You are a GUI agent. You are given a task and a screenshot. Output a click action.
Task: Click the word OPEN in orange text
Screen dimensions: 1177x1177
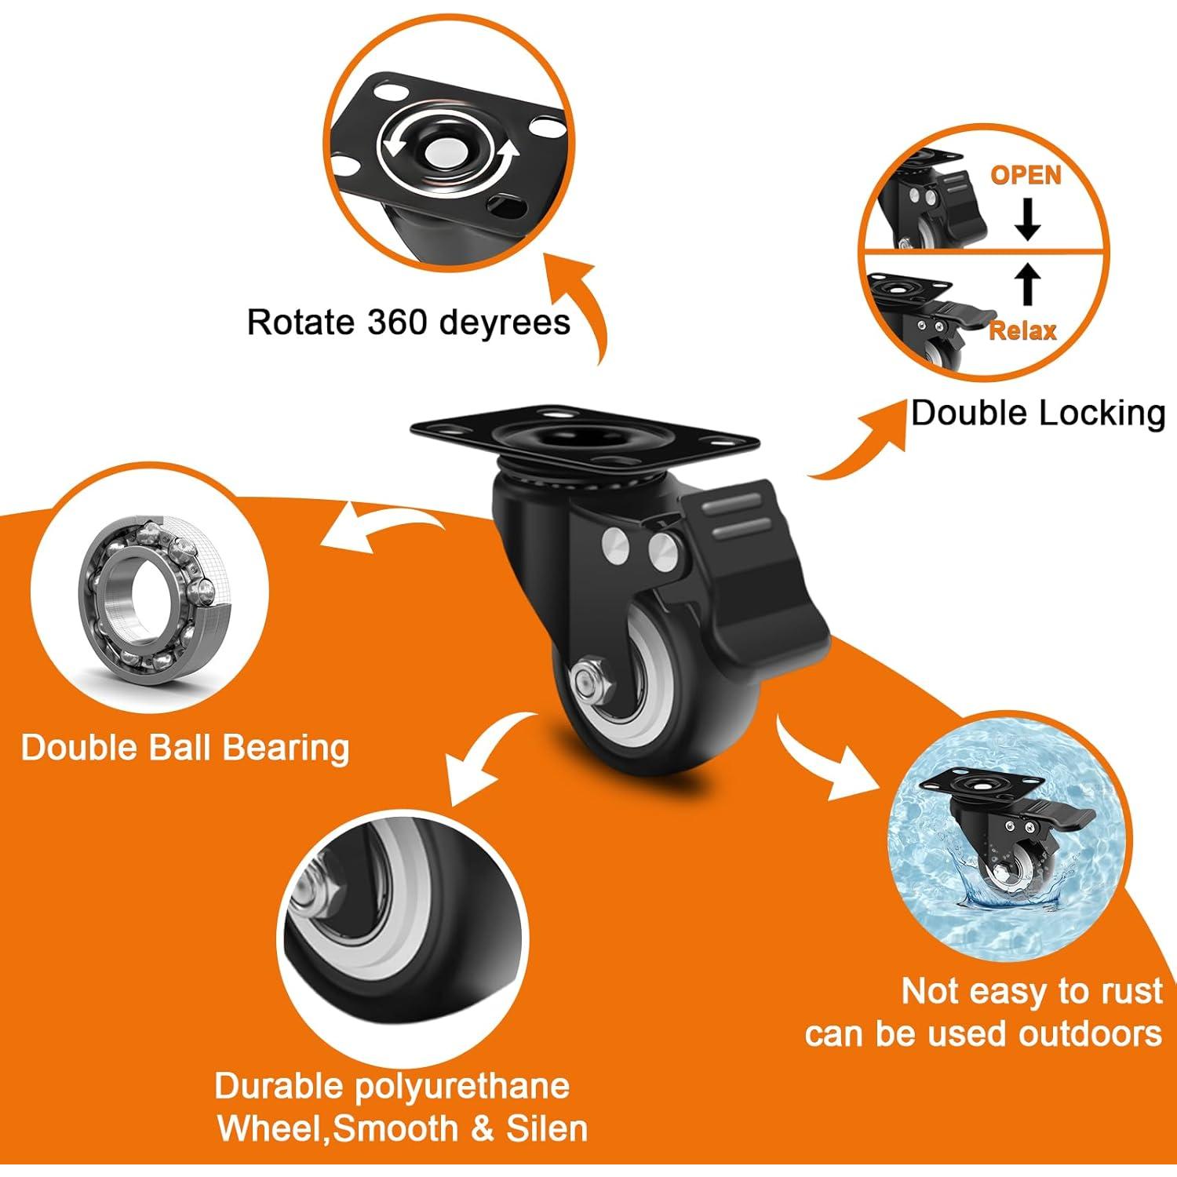coord(1026,175)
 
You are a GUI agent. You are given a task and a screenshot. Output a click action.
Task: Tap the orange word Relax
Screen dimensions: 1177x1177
coord(1022,330)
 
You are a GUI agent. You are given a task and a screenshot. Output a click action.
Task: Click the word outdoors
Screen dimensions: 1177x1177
coord(1089,1033)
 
